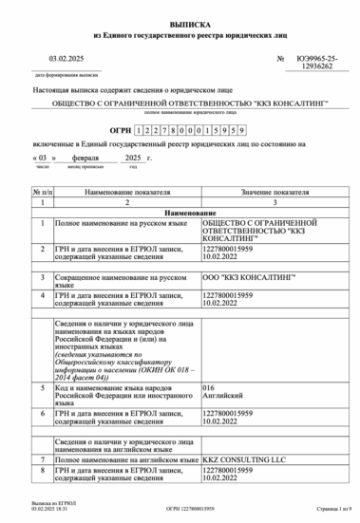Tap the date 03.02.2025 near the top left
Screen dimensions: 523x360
coord(68,59)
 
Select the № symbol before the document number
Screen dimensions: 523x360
coord(280,59)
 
